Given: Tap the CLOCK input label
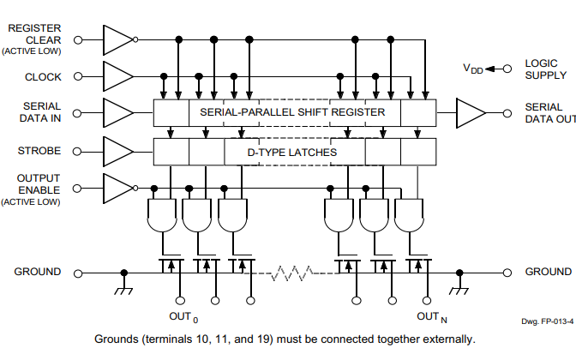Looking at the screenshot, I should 43,77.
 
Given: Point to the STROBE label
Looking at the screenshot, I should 39,152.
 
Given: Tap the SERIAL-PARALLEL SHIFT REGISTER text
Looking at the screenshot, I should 293,112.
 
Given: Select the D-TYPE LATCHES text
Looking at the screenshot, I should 292,153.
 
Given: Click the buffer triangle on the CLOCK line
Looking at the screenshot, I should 117,77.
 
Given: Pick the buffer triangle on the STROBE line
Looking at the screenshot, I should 117,152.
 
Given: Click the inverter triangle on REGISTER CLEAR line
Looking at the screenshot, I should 117,39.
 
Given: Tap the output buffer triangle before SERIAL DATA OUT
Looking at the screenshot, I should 470,112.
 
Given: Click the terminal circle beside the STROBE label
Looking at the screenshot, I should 80,152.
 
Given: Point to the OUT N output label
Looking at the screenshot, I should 431,317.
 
